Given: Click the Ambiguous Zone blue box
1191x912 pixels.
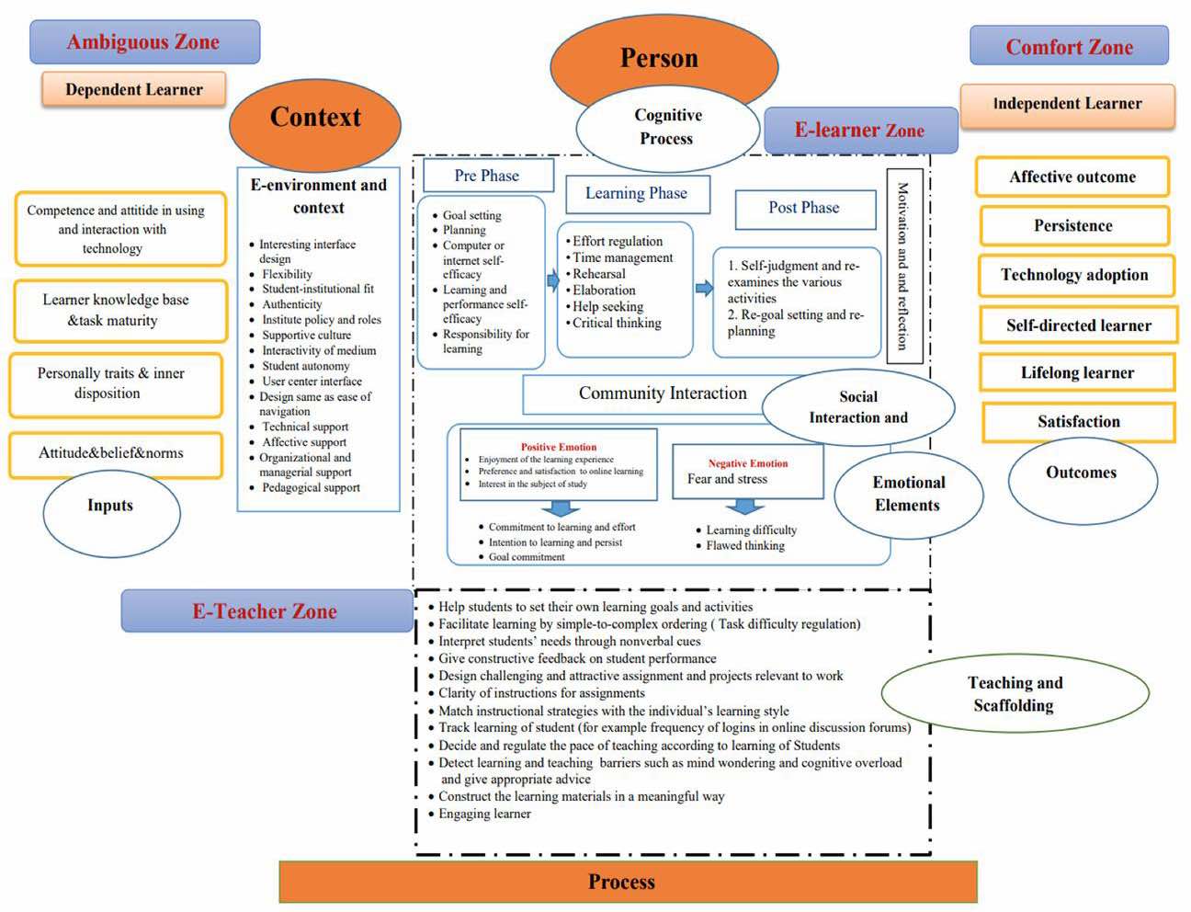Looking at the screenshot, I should coord(144,42).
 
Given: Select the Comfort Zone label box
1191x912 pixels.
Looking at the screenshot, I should coord(1069,47).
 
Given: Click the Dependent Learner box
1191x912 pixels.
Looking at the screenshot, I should coord(133,90).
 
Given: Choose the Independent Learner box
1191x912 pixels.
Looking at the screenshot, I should coord(1067,105).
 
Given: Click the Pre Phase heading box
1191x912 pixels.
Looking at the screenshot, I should coord(487,176).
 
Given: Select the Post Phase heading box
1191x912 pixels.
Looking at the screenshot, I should coord(804,209).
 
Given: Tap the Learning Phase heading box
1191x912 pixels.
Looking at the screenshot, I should coord(637,194).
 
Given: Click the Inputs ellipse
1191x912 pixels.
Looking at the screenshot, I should coord(110,512).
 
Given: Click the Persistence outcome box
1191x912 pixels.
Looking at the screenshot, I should coord(1073,226).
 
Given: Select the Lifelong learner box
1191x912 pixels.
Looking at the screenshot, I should coord(1077,373).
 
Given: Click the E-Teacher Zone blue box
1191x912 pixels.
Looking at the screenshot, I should coord(266,611).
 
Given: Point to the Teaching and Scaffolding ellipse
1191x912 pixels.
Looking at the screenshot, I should coord(1015,694).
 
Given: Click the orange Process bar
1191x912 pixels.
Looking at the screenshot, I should coord(628,883).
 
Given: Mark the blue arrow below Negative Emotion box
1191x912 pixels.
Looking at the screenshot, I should coord(745,507).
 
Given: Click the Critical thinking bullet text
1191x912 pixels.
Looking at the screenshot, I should coord(617,324).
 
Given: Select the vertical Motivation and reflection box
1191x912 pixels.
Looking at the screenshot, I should coord(903,266).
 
